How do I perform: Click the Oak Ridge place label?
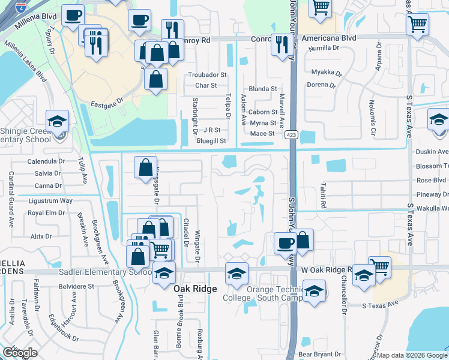196,289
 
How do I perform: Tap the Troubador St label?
207,75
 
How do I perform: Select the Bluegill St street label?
211,141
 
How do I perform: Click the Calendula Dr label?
46,161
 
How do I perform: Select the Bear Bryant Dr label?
319,355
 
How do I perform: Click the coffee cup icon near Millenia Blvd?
73,16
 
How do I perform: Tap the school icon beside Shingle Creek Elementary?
58,122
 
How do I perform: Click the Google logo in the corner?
20,353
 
